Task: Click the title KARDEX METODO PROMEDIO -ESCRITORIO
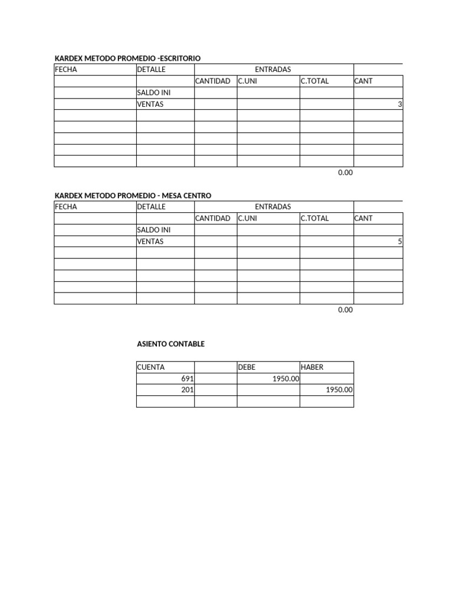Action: click(x=127, y=58)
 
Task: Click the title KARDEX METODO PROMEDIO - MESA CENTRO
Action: click(x=133, y=195)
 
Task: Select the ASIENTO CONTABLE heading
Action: click(x=170, y=344)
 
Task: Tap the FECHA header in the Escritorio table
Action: click(x=65, y=70)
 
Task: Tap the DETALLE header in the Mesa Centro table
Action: click(x=151, y=206)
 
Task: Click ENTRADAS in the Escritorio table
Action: click(x=273, y=70)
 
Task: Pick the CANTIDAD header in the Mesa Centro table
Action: click(x=212, y=218)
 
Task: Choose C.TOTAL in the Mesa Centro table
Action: click(x=314, y=218)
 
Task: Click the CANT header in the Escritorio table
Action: click(x=363, y=81)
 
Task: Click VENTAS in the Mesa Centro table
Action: click(x=150, y=241)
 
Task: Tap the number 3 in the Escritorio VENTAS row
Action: click(x=400, y=104)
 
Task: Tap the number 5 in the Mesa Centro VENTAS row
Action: click(x=400, y=241)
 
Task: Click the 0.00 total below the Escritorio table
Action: click(x=345, y=173)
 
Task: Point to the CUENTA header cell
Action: click(x=150, y=367)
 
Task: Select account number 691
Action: click(x=188, y=379)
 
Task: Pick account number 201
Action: click(x=188, y=390)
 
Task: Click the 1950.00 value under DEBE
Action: click(x=285, y=379)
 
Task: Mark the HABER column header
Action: click(x=312, y=367)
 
